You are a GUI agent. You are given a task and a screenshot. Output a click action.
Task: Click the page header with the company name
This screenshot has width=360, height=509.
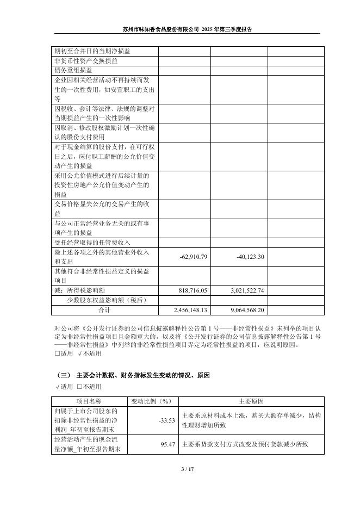click(187, 29)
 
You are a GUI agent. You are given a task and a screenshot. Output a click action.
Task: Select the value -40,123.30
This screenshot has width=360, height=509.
click(250, 257)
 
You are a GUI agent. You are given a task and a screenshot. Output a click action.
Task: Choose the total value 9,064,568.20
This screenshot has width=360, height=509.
click(244, 310)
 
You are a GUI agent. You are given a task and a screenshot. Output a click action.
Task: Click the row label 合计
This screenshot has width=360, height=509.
click(104, 310)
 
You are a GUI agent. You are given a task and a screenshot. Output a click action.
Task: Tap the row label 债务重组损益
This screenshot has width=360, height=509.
click(73, 70)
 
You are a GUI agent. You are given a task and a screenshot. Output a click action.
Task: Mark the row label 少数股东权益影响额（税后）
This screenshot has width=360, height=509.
click(107, 300)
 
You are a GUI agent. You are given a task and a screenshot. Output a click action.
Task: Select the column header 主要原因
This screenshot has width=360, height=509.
click(251, 402)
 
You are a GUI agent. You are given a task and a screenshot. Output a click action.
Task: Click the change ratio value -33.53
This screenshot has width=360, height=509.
click(167, 420)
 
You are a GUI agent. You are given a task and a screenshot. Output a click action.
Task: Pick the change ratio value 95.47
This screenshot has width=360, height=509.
click(169, 444)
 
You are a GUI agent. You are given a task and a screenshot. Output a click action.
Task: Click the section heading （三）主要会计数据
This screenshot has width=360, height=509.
click(133, 376)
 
